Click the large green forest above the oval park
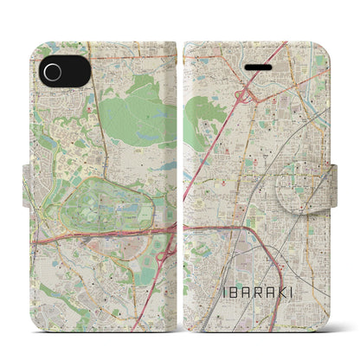(x=138, y=121)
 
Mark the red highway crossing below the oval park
(x=95, y=233)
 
